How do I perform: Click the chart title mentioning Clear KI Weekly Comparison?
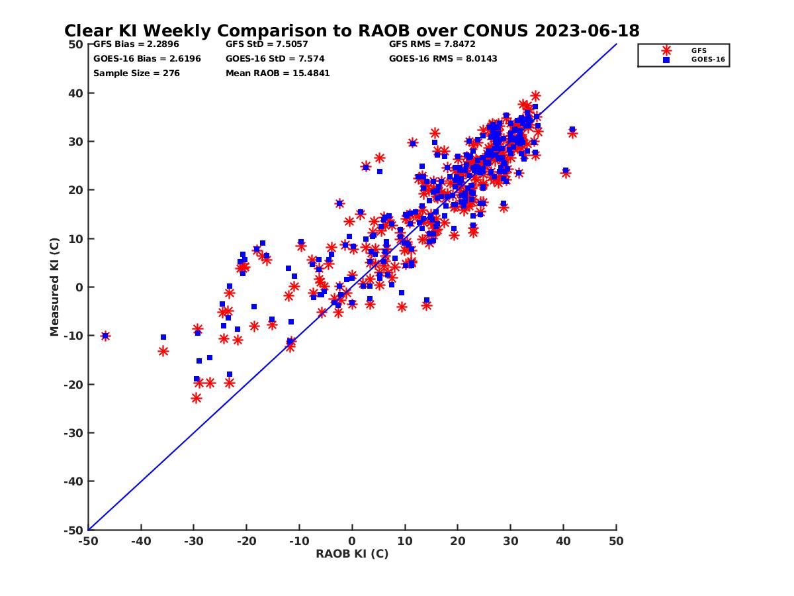point(351,30)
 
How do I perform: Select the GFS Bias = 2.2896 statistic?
point(136,44)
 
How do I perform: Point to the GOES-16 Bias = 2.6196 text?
point(147,58)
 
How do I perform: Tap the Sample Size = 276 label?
point(136,73)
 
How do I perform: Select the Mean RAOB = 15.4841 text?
point(277,73)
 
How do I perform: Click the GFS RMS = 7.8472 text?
point(432,44)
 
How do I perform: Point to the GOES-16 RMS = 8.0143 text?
point(443,58)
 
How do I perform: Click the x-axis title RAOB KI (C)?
point(352,554)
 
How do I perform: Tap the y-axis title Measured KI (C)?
point(55,287)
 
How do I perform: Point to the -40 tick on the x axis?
point(141,541)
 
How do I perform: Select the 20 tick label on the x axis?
point(458,541)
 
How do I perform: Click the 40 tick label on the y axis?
point(75,93)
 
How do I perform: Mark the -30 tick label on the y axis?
point(73,433)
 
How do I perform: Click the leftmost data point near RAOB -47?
point(105,336)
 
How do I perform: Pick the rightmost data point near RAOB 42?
point(572,132)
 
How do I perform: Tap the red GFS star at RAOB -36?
point(163,351)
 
